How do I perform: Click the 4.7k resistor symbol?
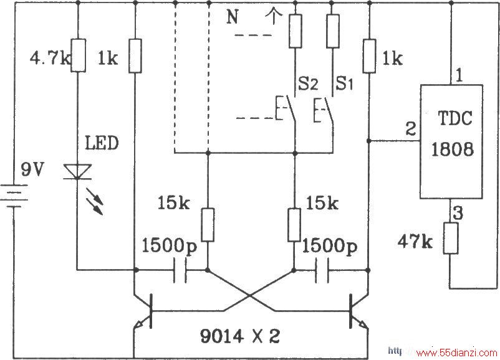[78, 55]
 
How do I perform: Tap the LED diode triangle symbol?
[77, 172]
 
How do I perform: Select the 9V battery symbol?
[14, 196]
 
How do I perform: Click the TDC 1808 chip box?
[451, 142]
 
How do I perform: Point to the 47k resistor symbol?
[451, 239]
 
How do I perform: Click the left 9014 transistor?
[143, 311]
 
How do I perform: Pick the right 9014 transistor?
[358, 311]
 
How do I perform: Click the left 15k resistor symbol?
[208, 225]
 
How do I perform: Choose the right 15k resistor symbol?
[294, 225]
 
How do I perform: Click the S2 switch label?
[308, 84]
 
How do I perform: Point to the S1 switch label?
[345, 84]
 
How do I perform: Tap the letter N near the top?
[233, 17]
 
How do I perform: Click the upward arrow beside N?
[273, 16]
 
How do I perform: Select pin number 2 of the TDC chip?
[411, 129]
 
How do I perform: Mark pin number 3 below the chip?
[458, 213]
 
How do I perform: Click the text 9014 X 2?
[240, 336]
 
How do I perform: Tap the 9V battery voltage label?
[32, 169]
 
